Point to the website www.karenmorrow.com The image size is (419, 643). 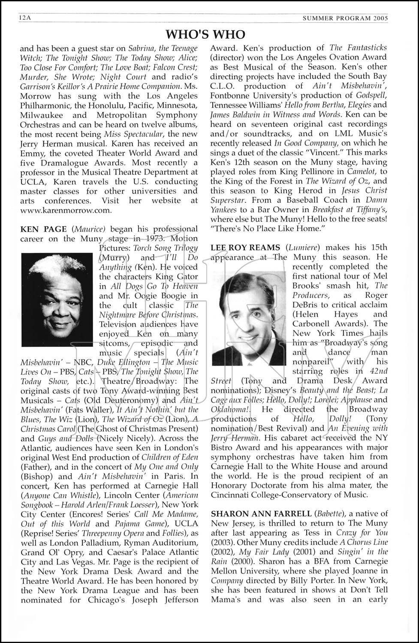point(66,210)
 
